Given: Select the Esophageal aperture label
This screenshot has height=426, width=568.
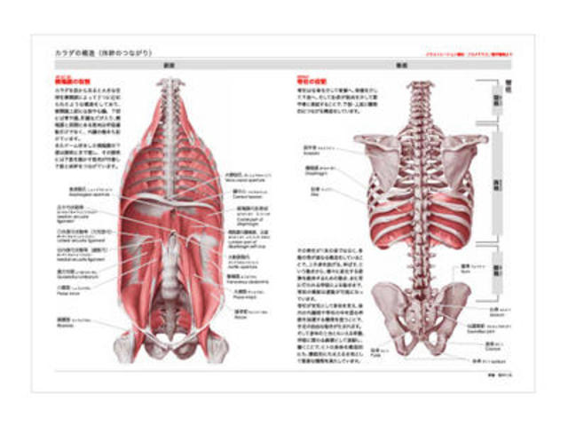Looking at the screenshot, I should (x=76, y=191).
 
